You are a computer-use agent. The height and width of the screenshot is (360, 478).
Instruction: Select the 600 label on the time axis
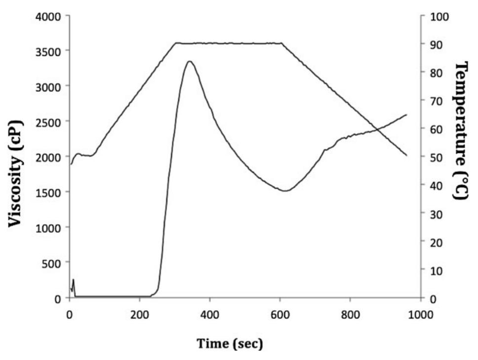(x=279, y=314)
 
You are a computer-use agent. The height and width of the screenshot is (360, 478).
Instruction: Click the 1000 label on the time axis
(x=420, y=314)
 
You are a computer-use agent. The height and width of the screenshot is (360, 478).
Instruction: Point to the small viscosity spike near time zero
(x=73, y=280)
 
